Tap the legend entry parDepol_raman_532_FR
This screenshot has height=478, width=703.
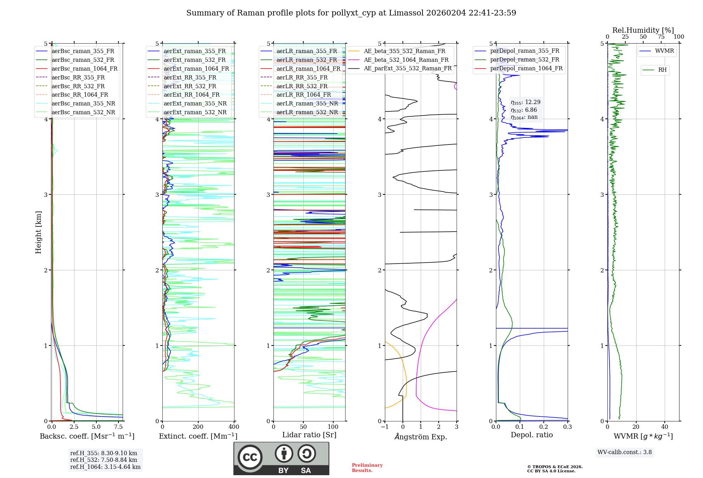coord(517,60)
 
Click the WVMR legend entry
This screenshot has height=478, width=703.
coord(657,51)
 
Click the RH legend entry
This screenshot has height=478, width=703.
coord(655,70)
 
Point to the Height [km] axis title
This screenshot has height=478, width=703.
coord(38,232)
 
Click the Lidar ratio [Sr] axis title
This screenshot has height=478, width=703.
coord(309,435)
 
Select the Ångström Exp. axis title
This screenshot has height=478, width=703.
coord(421,437)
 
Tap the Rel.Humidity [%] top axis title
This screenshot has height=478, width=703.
coord(643,30)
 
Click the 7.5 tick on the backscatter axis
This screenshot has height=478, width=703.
coord(118,427)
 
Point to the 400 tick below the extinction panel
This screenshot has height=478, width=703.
coord(234,427)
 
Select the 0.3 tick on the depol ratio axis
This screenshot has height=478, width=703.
coord(568,427)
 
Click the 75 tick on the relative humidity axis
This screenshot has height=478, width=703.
coord(661,37)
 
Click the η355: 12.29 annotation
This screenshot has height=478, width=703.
coord(526,102)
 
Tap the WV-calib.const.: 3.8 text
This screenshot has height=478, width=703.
coord(625,452)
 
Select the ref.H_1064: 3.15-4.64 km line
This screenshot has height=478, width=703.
coord(105,467)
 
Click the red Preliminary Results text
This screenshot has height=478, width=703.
coord(367,468)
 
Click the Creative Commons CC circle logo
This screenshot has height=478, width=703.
coord(250,457)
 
